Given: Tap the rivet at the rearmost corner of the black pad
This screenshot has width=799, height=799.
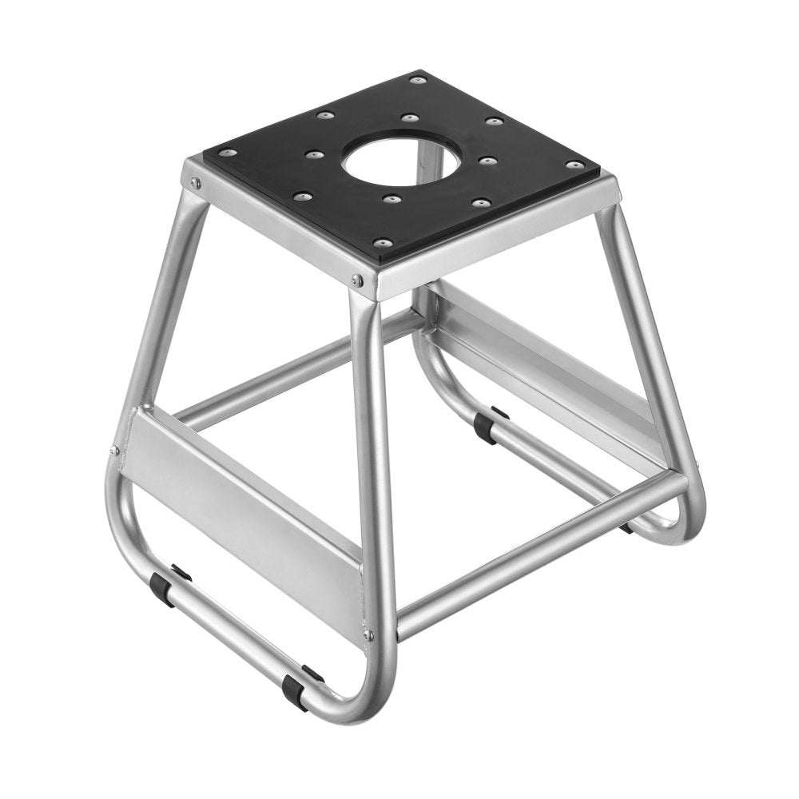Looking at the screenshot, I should pyautogui.click(x=415, y=79).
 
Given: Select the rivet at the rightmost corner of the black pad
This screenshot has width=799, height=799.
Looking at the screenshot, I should pyautogui.click(x=574, y=165).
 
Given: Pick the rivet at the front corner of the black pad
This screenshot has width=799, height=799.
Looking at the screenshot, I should pyautogui.click(x=384, y=241).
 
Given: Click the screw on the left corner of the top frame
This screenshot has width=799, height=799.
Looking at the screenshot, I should pyautogui.click(x=194, y=183).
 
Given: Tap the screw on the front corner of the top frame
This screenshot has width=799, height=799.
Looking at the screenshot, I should pyautogui.click(x=357, y=279).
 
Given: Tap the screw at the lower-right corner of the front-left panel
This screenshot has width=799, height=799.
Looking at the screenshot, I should pyautogui.click(x=368, y=635).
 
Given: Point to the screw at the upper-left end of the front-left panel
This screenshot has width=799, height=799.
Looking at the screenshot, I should pyautogui.click(x=115, y=451).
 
